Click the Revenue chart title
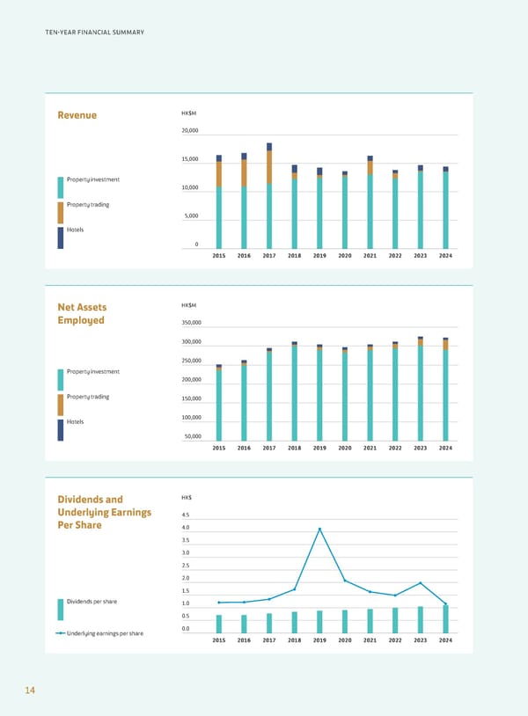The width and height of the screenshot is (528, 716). click(77, 115)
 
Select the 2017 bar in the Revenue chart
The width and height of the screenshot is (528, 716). click(269, 198)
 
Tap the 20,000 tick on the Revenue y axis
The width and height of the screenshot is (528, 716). click(190, 131)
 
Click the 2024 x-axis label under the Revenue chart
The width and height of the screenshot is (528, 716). click(445, 256)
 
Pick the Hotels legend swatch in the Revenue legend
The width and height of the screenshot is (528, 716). click(61, 237)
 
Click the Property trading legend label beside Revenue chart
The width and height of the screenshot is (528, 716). click(88, 205)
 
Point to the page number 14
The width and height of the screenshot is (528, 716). click(30, 691)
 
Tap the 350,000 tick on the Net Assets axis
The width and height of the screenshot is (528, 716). click(192, 323)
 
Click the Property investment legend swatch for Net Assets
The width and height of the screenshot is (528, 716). click(61, 379)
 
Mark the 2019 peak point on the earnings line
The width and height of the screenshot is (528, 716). click(320, 529)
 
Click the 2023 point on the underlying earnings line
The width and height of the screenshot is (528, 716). click(421, 583)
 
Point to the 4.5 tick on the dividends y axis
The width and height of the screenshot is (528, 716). click(185, 515)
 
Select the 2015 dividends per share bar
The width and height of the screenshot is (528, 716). click(219, 623)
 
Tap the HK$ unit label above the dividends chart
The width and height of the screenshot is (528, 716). click(187, 499)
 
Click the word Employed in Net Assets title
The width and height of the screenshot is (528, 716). click(81, 320)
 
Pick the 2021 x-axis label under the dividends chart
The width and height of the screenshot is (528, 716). click(370, 640)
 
